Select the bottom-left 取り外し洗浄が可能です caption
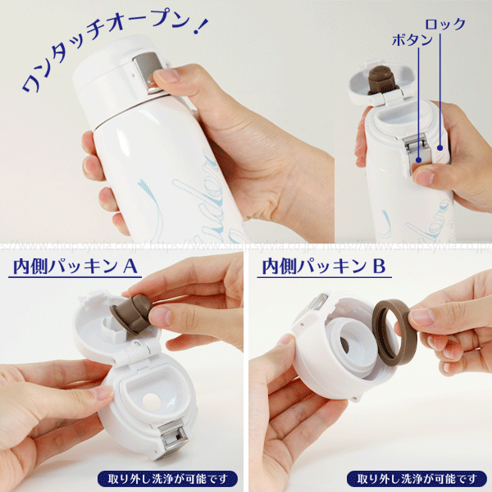[167, 478]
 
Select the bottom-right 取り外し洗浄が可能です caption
[417, 478]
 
